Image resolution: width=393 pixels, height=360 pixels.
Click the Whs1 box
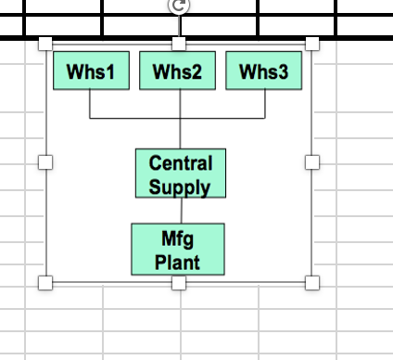pos(91,71)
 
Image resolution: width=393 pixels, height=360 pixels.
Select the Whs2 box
pos(178,71)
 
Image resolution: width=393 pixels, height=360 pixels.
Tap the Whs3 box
pos(264,71)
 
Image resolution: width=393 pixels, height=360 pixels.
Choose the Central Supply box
pos(181,174)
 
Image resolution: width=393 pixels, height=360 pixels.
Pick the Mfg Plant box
pos(178,250)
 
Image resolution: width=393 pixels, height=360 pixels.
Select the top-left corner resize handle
pos(44,44)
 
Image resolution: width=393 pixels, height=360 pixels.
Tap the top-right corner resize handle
pos(312,44)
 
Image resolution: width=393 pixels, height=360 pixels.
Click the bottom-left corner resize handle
pos(44,282)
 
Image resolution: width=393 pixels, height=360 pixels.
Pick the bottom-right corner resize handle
pos(312,282)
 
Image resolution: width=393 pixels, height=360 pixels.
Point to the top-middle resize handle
pos(179,44)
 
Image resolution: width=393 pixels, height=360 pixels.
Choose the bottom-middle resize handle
pos(179,282)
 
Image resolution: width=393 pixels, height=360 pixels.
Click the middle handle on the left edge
pos(44,162)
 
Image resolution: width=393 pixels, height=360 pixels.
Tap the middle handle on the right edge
pos(312,162)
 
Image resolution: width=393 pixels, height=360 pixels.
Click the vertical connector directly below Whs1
pos(91,104)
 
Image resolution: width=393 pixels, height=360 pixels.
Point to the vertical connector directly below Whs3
pos(265,104)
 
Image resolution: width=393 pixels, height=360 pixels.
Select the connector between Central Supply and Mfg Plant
pos(180,211)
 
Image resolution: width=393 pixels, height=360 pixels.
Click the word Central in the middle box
pos(181,163)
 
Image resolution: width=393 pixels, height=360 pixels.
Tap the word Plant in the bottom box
pos(178,261)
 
